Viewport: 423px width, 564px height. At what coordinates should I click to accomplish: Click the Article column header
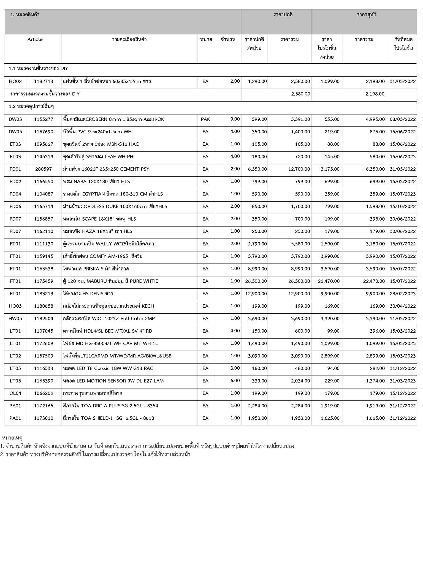pyautogui.click(x=35, y=39)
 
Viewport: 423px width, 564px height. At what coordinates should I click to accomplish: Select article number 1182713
pyautogui.click(x=44, y=82)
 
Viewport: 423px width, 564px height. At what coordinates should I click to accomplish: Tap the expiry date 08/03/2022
pyautogui.click(x=403, y=119)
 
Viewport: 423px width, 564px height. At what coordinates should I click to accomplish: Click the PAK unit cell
pyautogui.click(x=205, y=119)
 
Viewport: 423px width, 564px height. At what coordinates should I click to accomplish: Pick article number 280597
pyautogui.click(x=44, y=169)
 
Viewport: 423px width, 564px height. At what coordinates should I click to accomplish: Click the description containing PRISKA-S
pyautogui.click(x=96, y=269)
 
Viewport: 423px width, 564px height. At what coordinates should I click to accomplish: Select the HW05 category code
pyautogui.click(x=15, y=319)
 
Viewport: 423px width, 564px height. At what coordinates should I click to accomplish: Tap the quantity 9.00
pyautogui.click(x=235, y=119)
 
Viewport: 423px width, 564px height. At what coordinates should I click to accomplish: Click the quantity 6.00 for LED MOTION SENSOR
pyautogui.click(x=235, y=381)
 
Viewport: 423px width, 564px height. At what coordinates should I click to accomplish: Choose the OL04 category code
pyautogui.click(x=15, y=393)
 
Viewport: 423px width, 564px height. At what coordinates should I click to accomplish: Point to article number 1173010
pyautogui.click(x=44, y=418)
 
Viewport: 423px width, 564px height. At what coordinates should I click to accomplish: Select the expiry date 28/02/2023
pyautogui.click(x=403, y=294)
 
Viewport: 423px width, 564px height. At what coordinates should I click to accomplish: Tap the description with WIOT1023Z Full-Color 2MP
pyautogui.click(x=109, y=319)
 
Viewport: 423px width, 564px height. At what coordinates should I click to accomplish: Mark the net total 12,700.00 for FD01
pyautogui.click(x=299, y=169)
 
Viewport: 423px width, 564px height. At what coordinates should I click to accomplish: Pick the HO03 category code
pyautogui.click(x=15, y=306)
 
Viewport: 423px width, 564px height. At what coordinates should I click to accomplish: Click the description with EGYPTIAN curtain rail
pyautogui.click(x=113, y=194)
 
